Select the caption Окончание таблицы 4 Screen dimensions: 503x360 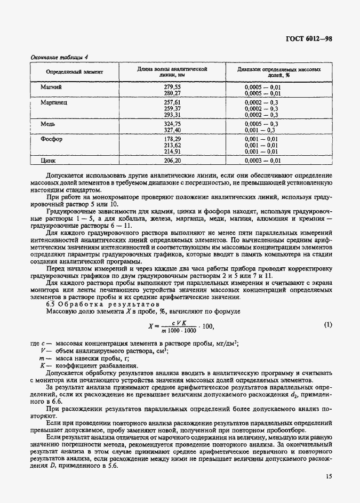[x=54, y=57]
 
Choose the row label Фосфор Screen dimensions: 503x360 [x=52, y=139]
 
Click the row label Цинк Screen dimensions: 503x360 [x=49, y=160]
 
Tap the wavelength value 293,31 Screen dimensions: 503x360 [x=172, y=114]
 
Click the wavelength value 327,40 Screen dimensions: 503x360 [x=172, y=130]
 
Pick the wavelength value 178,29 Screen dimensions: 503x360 [x=172, y=139]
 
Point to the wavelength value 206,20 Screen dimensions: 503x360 [x=172, y=160]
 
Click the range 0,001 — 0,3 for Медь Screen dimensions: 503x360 [x=260, y=130]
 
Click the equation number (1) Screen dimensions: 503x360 [x=328, y=325]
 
